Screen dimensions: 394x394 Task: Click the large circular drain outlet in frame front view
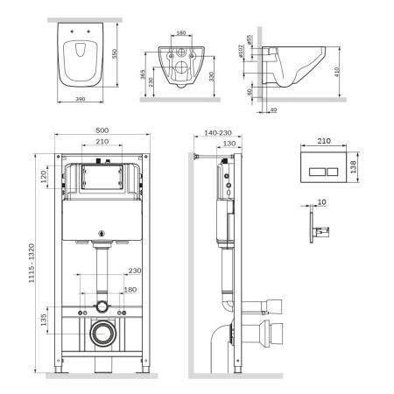(103, 333)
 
